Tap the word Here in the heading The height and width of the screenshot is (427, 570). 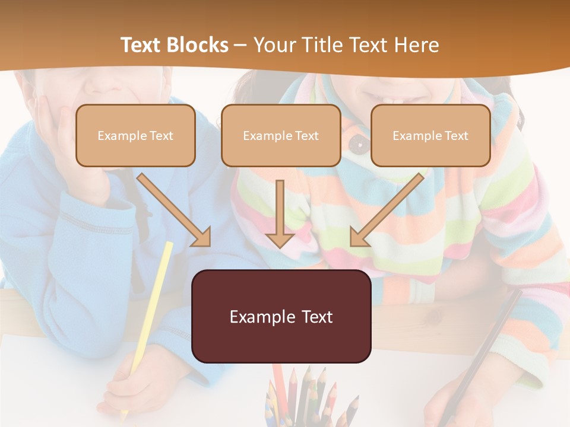(x=416, y=45)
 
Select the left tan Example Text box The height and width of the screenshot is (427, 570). (x=135, y=135)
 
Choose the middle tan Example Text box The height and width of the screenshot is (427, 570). (x=281, y=135)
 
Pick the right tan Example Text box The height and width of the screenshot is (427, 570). (x=430, y=135)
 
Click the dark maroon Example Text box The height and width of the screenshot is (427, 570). (x=281, y=316)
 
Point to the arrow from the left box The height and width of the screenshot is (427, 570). (x=173, y=209)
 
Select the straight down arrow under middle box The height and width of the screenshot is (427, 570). (x=280, y=213)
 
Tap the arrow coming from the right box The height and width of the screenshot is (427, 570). (x=387, y=209)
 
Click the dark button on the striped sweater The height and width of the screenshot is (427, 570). (x=356, y=142)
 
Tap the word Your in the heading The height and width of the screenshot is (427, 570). (x=274, y=45)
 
